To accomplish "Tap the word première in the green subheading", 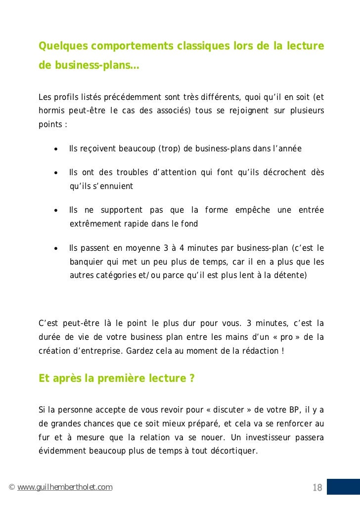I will (120, 379).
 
